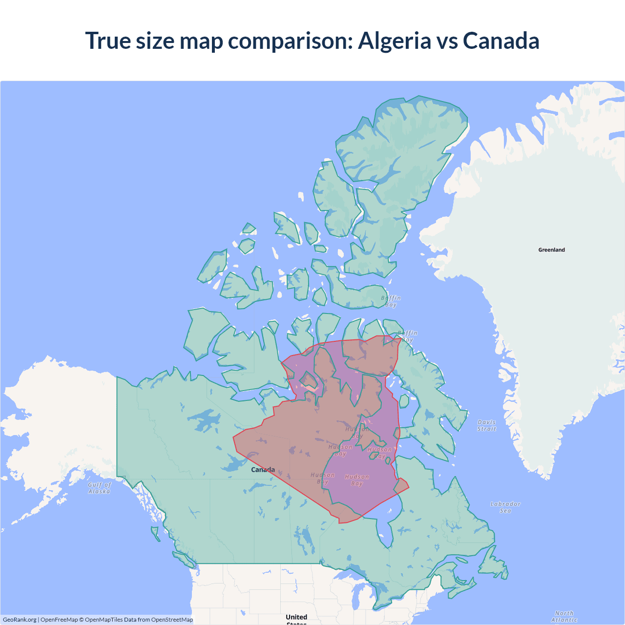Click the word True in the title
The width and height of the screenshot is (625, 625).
pos(107,41)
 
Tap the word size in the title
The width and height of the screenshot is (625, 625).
pos(155,41)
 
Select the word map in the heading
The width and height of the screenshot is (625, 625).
pos(201,41)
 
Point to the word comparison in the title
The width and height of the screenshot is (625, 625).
pos(290,41)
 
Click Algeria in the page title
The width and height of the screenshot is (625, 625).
pos(395,41)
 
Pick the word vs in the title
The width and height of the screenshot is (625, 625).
pos(447,41)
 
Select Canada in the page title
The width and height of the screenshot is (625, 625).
pos(501,41)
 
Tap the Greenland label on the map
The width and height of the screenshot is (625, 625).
pos(551,250)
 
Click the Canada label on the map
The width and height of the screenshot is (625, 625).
pos(263,470)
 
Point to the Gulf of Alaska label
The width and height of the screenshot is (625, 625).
pos(100,488)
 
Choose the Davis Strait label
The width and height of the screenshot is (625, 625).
pos(486,425)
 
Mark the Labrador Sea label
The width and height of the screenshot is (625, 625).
pos(505,507)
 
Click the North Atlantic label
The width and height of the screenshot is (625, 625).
pos(564,616)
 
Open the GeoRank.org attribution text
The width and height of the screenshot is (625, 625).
pos(20,620)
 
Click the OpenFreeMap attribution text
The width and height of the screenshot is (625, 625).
pos(59,620)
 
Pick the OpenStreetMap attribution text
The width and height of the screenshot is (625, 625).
pos(172,620)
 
